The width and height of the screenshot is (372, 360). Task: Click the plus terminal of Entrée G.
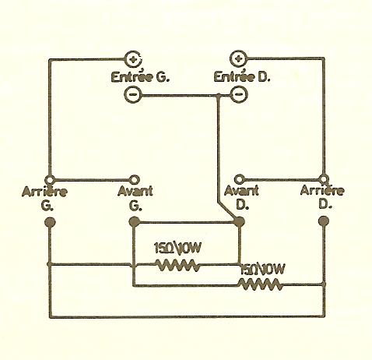click(x=134, y=59)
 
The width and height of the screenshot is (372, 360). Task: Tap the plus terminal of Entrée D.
click(x=239, y=58)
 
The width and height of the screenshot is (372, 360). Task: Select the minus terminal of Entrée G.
click(x=133, y=94)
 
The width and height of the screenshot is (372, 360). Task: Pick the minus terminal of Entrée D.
click(x=239, y=94)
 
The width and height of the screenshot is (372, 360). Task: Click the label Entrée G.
click(x=140, y=77)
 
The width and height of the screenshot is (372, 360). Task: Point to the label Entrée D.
click(x=242, y=77)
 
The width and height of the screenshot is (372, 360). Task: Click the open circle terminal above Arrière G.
click(x=50, y=179)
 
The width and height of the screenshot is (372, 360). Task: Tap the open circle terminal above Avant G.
click(x=135, y=179)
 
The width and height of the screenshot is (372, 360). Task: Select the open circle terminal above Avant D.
click(x=239, y=179)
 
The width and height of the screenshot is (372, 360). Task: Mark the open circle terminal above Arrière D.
click(x=324, y=179)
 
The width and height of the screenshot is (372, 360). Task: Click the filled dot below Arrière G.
click(x=50, y=222)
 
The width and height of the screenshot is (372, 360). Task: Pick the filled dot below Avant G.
click(x=135, y=222)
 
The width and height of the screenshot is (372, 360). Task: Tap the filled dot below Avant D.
click(x=239, y=221)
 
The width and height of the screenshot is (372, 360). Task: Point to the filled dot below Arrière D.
click(x=324, y=221)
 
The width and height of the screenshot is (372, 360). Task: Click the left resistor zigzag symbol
click(x=178, y=265)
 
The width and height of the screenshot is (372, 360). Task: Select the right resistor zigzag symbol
click(x=261, y=284)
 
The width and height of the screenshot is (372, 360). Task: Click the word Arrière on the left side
click(x=45, y=192)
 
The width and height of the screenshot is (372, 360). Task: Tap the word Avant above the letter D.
click(x=241, y=190)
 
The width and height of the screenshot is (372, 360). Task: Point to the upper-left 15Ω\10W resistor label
click(x=177, y=248)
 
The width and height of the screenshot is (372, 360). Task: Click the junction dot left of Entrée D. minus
click(x=219, y=96)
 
